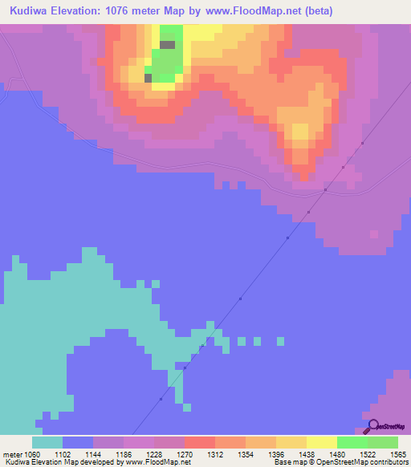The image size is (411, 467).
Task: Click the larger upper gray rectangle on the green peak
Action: (x=167, y=45)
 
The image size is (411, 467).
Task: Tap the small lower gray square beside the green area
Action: (x=148, y=78)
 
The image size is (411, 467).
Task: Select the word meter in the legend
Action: (x=13, y=453)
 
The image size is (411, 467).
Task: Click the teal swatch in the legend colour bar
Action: (x=47, y=442)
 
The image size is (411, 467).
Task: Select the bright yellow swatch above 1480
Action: (x=322, y=442)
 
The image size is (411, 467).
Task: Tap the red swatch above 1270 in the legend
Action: (x=200, y=442)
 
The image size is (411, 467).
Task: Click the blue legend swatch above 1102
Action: (x=78, y=442)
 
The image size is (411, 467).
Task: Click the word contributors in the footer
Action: (x=389, y=462)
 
